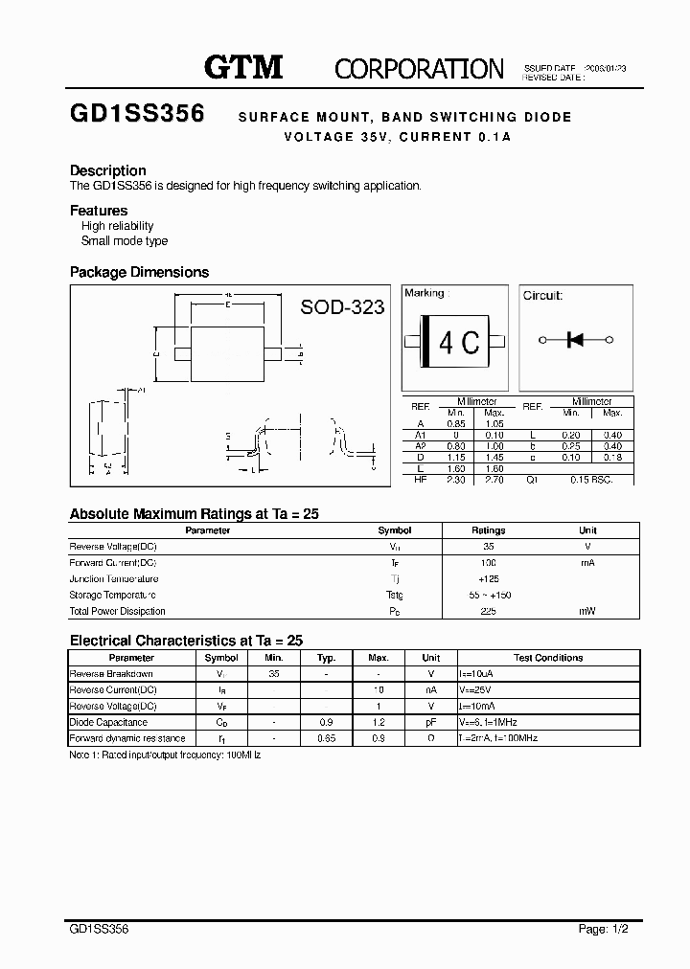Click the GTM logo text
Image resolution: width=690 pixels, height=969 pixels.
pos(243,67)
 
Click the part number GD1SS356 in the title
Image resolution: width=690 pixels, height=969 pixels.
pos(137,114)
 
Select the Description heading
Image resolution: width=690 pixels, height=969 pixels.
pos(108,170)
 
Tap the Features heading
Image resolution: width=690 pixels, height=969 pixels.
pos(99,211)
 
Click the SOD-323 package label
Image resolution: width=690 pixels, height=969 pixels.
pos(342,306)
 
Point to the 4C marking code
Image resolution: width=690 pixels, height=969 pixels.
pos(458,342)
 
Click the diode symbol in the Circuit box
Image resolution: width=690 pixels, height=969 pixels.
pos(575,340)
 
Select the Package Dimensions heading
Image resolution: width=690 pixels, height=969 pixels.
pos(139,272)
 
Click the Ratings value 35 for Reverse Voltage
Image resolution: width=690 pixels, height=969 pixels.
pos(488,546)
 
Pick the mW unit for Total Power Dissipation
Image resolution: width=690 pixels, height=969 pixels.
pos(587,611)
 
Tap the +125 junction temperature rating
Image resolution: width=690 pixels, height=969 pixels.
pos(488,578)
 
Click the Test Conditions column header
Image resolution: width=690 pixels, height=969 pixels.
pos(547,658)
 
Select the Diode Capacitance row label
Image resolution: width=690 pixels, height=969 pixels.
pos(108,723)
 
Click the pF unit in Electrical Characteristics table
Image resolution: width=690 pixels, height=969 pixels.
pos(431,723)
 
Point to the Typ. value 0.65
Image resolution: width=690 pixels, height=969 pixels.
pos(326,739)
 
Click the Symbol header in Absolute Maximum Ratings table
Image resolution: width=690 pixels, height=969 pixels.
pos(395,530)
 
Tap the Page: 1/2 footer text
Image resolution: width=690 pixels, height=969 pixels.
pos(605,928)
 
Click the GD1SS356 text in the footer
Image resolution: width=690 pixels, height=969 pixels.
pos(100,928)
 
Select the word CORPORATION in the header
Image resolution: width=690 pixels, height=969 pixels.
pos(419,68)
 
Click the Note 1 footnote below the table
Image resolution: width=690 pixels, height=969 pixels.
pos(165,755)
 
